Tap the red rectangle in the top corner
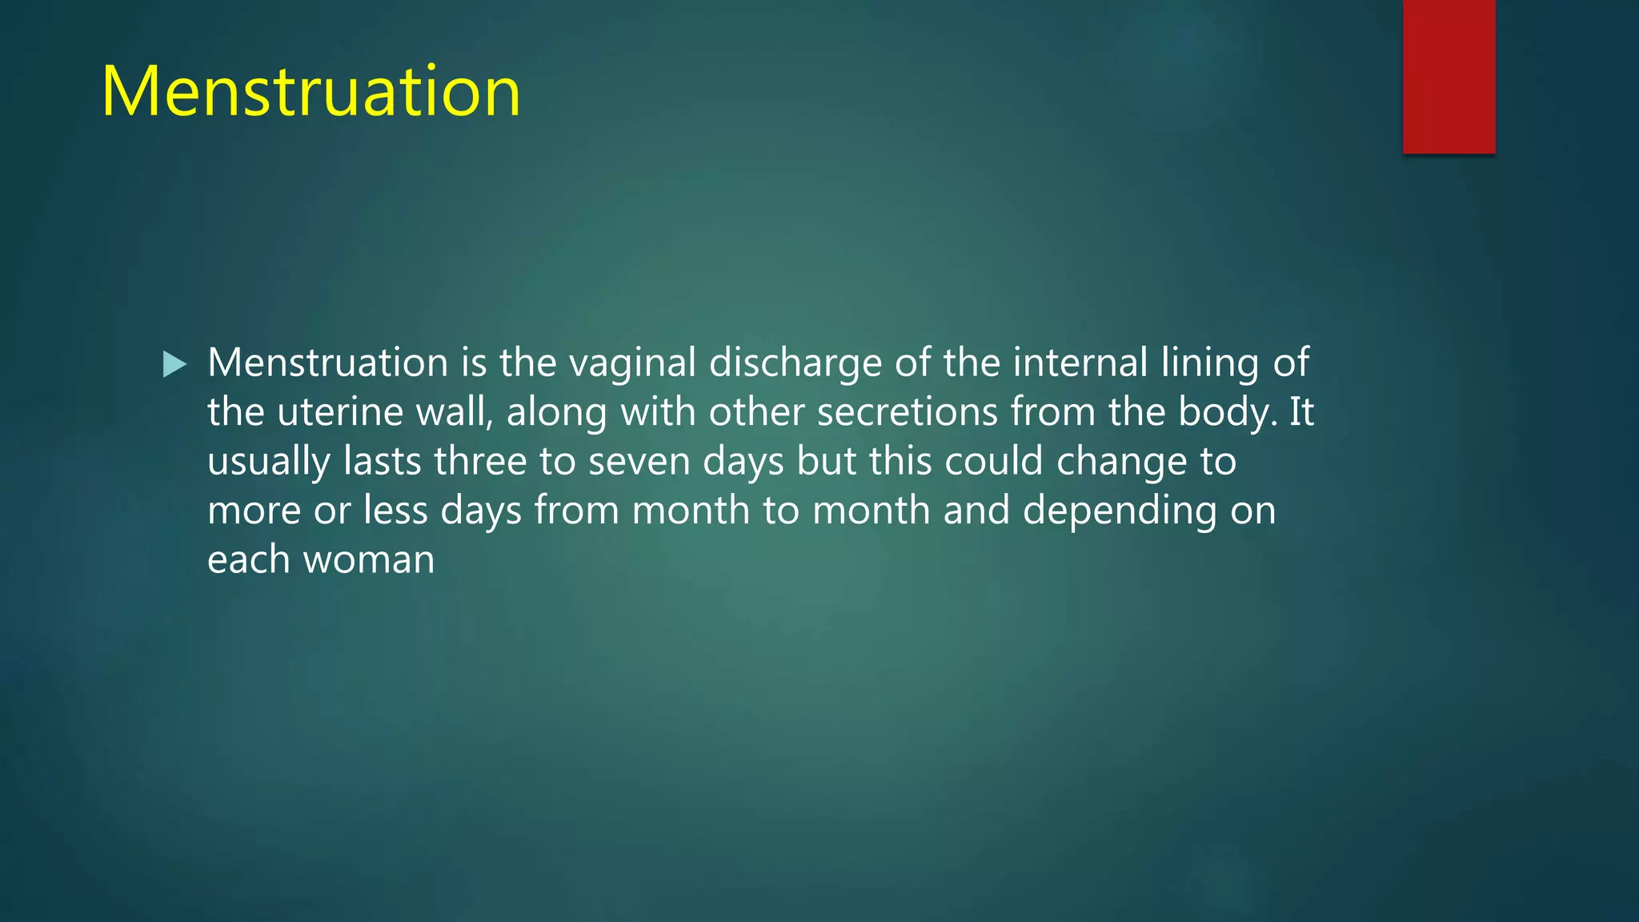point(1449,76)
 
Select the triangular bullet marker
point(174,364)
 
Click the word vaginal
point(632,363)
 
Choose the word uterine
point(339,412)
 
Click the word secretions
point(908,412)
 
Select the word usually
point(269,462)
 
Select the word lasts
point(382,462)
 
